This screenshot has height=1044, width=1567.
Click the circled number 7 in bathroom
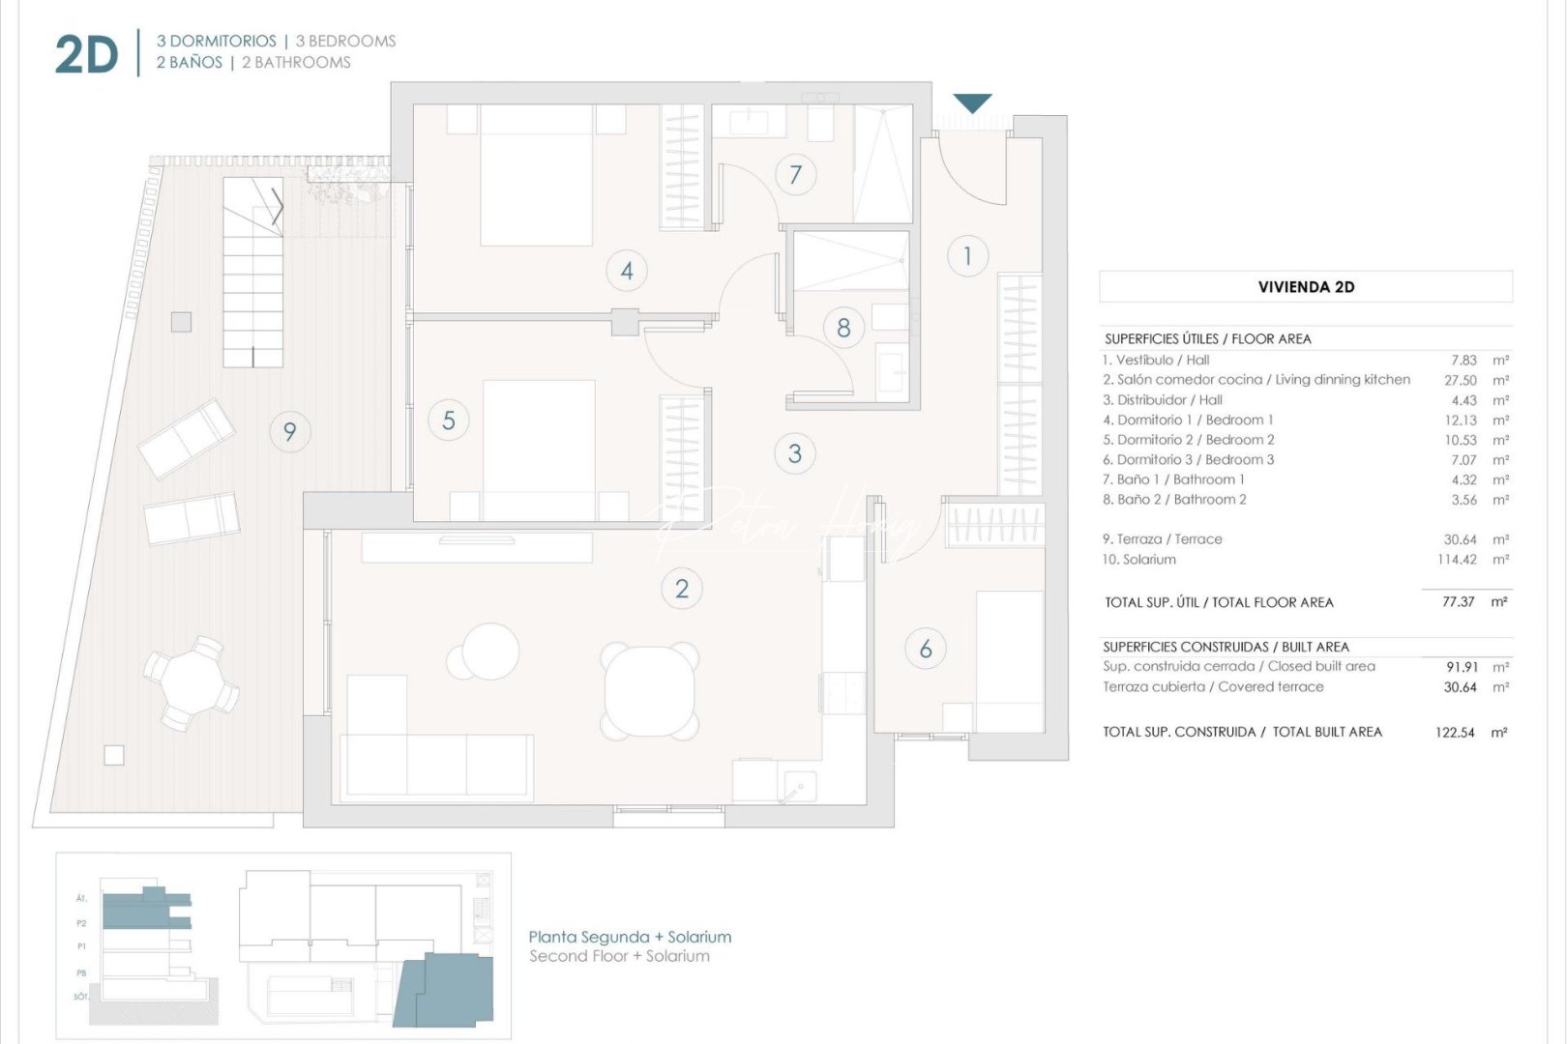coord(795,175)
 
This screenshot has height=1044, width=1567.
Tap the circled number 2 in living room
coord(681,588)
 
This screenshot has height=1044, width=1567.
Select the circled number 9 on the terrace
coord(289,431)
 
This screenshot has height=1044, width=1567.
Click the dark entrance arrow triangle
coord(972,101)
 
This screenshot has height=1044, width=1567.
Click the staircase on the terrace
coord(252,272)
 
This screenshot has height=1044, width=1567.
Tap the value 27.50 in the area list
coord(1460,380)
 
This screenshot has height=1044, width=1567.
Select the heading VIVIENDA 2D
coord(1305,287)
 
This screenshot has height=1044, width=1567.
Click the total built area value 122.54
coord(1455,733)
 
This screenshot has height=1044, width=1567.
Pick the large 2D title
coord(86,55)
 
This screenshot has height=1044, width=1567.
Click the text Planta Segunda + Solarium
coord(630,937)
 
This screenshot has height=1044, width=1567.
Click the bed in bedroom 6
coord(1009,660)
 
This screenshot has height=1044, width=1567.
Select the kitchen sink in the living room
coord(799,787)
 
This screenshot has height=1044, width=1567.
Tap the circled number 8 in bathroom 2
coord(843,328)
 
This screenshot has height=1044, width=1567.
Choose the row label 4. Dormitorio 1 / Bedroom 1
coord(1188,420)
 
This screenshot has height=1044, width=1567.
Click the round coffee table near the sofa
coord(489,651)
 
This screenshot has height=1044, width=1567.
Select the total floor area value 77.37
coord(1458,601)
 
